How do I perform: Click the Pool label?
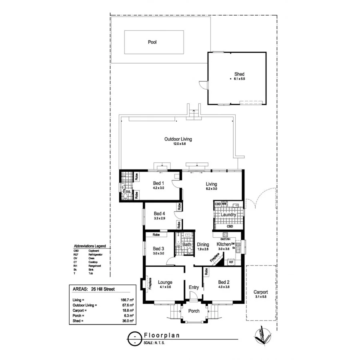(152, 42)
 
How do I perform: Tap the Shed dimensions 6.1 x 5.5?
(240, 80)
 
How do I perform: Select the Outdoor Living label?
(178, 139)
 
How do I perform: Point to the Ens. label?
(127, 192)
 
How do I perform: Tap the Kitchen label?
(224, 244)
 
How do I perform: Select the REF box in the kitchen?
(231, 262)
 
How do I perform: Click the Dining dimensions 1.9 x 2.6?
(203, 249)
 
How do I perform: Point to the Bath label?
(187, 244)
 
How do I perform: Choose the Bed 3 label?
(159, 248)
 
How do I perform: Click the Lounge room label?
(165, 282)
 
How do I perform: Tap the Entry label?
(194, 287)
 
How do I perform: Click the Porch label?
(194, 311)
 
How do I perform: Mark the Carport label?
(260, 292)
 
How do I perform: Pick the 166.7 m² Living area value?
(127, 300)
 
